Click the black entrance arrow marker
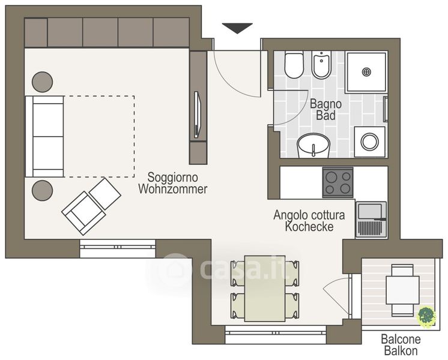237,28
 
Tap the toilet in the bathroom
294,65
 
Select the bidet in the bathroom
322,65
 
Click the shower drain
366,71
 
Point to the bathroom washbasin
313,145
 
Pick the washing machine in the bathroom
370,142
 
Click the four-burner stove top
338,182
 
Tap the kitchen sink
371,219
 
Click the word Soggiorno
172,177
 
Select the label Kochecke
309,227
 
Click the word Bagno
326,104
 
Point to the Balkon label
401,350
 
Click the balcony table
402,290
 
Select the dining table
265,289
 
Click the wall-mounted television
198,115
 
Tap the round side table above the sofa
42,82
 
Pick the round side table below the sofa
42,190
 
